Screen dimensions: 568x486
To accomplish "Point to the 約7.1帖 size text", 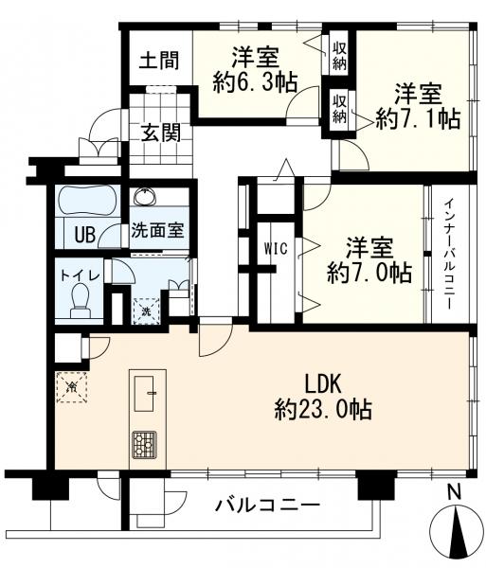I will (x=417, y=118).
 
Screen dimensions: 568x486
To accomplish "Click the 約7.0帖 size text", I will (x=368, y=273).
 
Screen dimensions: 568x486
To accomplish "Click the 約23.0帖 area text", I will (x=322, y=410).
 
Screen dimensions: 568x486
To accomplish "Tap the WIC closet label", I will (x=275, y=247).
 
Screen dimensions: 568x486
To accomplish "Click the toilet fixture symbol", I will (x=81, y=303).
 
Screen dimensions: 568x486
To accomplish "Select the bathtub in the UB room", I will (x=86, y=201).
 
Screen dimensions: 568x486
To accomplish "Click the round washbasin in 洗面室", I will (x=146, y=198).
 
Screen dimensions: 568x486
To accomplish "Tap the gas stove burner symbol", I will (x=144, y=444).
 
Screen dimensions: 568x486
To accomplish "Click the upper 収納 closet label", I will (x=338, y=55).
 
